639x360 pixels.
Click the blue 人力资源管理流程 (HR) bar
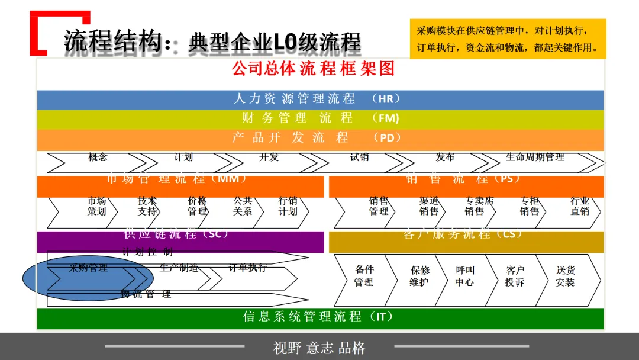pyautogui.click(x=319, y=99)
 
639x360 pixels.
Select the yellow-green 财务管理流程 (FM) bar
pyautogui.click(x=319, y=118)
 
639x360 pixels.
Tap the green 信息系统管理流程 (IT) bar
pyautogui.click(x=319, y=318)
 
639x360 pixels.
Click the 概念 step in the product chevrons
pyautogui.click(x=98, y=158)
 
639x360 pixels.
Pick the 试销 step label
pyautogui.click(x=359, y=158)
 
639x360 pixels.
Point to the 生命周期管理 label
pyautogui.click(x=535, y=158)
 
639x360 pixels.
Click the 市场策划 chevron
pyautogui.click(x=96, y=207)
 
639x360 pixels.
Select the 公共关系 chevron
pyautogui.click(x=243, y=207)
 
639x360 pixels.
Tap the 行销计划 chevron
pyautogui.click(x=288, y=207)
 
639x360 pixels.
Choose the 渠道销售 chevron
pyautogui.click(x=429, y=207)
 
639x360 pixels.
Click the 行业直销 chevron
pyautogui.click(x=580, y=207)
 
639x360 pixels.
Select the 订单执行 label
pyautogui.click(x=248, y=269)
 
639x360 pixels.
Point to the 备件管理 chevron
pyautogui.click(x=363, y=277)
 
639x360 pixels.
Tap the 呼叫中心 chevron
pyautogui.click(x=464, y=277)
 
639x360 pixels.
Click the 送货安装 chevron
pyautogui.click(x=565, y=277)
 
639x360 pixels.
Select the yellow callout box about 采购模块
pyautogui.click(x=508, y=39)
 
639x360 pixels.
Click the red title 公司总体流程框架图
pyautogui.click(x=313, y=69)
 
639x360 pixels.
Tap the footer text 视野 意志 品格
pyautogui.click(x=319, y=348)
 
